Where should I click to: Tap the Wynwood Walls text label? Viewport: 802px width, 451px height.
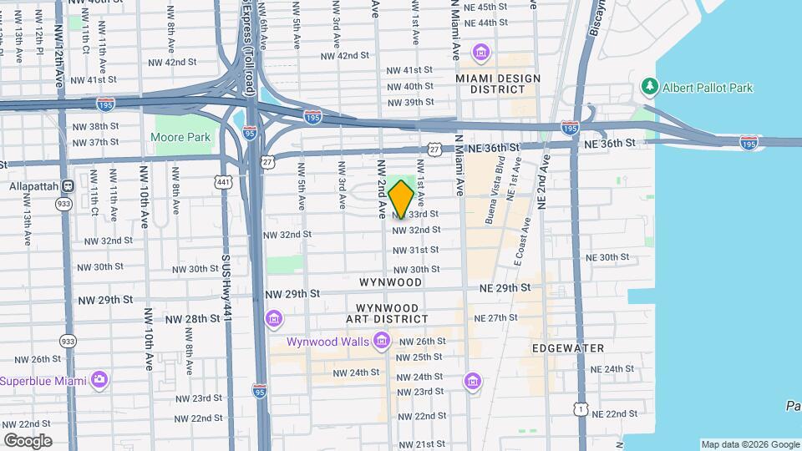[328, 342]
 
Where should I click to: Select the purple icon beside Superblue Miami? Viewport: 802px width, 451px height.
[99, 380]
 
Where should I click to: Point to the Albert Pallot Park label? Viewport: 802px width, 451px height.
[708, 87]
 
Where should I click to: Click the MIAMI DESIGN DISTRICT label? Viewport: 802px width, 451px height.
[498, 84]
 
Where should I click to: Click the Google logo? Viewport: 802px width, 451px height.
[28, 440]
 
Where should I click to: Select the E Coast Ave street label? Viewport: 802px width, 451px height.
[523, 242]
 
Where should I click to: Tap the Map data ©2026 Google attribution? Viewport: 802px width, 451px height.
[749, 444]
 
